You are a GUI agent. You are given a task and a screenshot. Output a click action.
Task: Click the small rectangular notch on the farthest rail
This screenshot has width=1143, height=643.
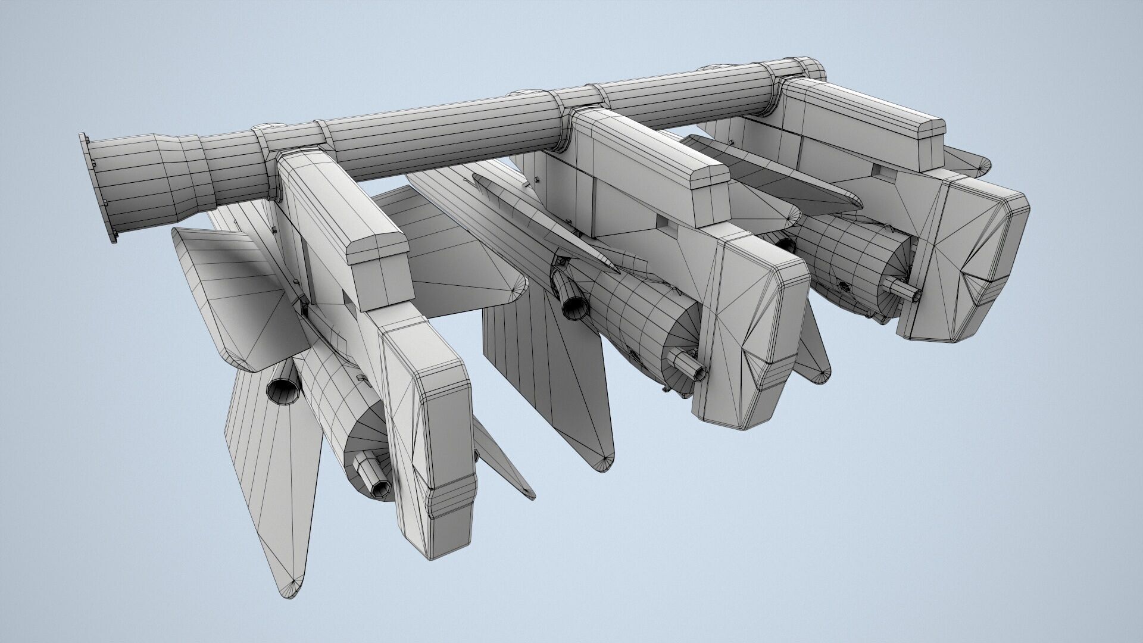point(882,170)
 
